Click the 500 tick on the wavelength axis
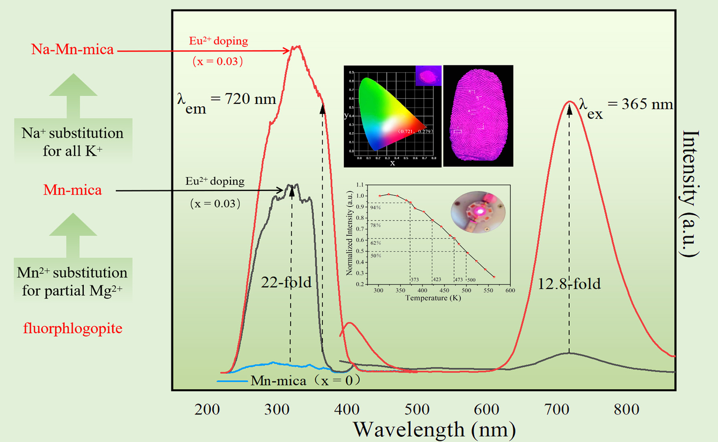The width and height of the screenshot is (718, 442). (417, 410)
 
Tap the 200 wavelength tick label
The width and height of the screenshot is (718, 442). (207, 410)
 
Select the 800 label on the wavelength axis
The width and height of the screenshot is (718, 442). (627, 410)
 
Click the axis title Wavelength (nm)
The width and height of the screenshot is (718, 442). (434, 430)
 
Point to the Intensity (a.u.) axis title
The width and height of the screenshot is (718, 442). (690, 193)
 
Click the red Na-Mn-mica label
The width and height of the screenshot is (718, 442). (73, 49)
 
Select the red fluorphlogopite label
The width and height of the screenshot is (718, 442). (73, 328)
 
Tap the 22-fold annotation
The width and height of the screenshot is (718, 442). (286, 282)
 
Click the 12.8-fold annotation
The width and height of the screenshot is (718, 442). (569, 284)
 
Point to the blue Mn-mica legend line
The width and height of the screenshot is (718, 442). (232, 381)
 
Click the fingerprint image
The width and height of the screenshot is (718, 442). (478, 116)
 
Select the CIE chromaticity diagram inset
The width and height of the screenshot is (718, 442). (392, 116)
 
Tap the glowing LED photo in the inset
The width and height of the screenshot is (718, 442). (478, 211)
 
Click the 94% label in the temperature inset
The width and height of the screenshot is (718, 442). (376, 208)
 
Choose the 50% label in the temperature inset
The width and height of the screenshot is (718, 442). (376, 255)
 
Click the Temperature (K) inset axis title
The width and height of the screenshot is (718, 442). (433, 298)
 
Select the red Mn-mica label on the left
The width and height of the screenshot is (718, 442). (73, 190)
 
